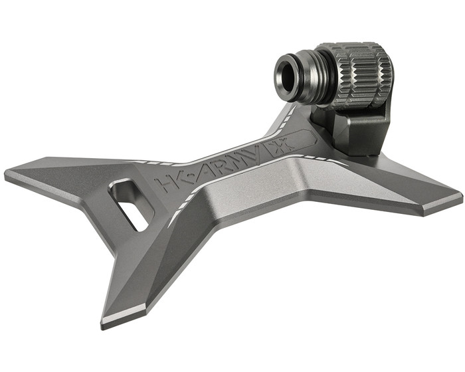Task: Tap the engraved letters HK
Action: (x=167, y=180)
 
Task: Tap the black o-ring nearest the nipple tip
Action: (x=300, y=76)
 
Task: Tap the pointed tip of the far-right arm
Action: (x=460, y=197)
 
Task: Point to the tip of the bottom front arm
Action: (x=106, y=324)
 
